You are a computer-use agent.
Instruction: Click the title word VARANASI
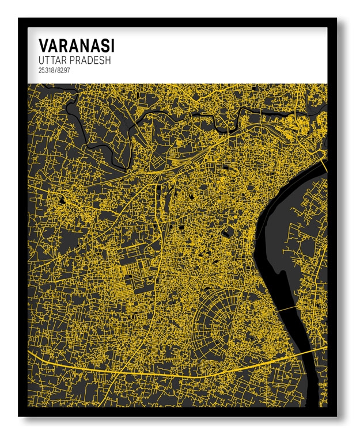[x=76, y=45]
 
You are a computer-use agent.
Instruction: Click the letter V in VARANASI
[x=43, y=45]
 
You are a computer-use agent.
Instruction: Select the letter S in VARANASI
[x=104, y=45]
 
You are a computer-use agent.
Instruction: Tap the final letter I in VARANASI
[x=112, y=45]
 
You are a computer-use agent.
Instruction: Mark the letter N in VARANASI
[x=82, y=45]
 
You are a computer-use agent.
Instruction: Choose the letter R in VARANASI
[x=62, y=45]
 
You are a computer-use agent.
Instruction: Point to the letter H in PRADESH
[x=108, y=60]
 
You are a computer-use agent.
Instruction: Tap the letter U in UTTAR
[x=41, y=60]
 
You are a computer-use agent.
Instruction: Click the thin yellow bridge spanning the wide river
[x=288, y=310]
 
